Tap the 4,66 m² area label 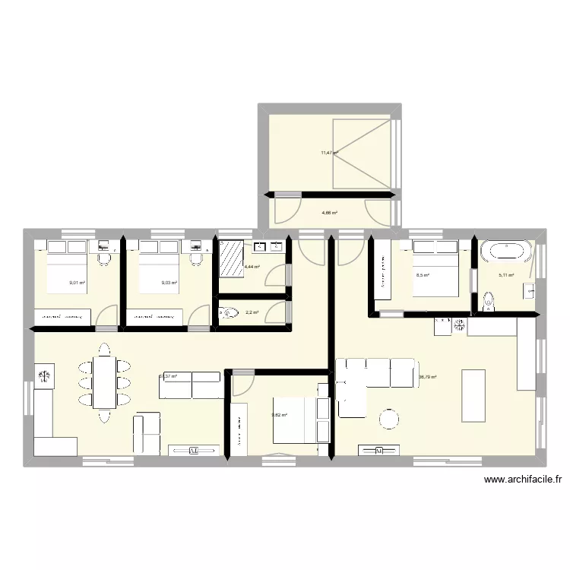click(329, 213)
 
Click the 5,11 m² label click(506, 276)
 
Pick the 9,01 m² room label click(77, 283)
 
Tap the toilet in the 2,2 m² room click(229, 312)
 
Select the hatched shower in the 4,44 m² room click(231, 260)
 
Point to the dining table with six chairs click(103, 382)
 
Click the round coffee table click(389, 419)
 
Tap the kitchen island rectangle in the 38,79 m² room click(473, 395)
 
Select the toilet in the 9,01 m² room click(105, 260)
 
